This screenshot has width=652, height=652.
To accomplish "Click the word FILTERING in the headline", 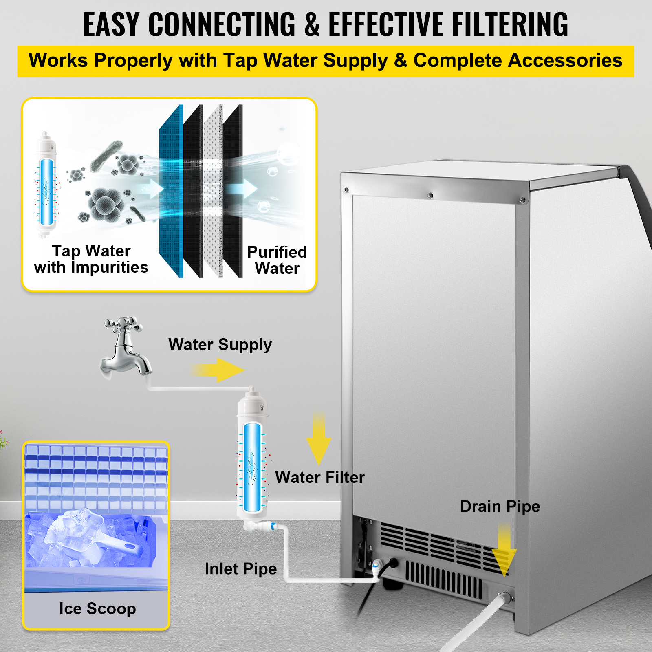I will tap(509, 24).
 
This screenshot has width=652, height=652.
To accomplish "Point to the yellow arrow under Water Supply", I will tap(218, 370).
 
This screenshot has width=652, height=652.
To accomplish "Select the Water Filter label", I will tap(320, 477).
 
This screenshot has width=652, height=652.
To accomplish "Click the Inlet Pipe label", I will tap(240, 568).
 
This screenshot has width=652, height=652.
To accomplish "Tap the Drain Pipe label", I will tap(500, 507).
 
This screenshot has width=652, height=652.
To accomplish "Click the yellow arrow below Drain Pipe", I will tap(504, 550).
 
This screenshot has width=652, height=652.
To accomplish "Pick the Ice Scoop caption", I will tap(97, 608).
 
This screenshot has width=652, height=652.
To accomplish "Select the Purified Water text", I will tap(277, 260).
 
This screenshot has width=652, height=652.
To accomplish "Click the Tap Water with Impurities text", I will tap(91, 259).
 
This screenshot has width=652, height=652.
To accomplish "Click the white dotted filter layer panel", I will tap(213, 192).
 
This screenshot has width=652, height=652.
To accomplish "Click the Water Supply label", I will tap(220, 345).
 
